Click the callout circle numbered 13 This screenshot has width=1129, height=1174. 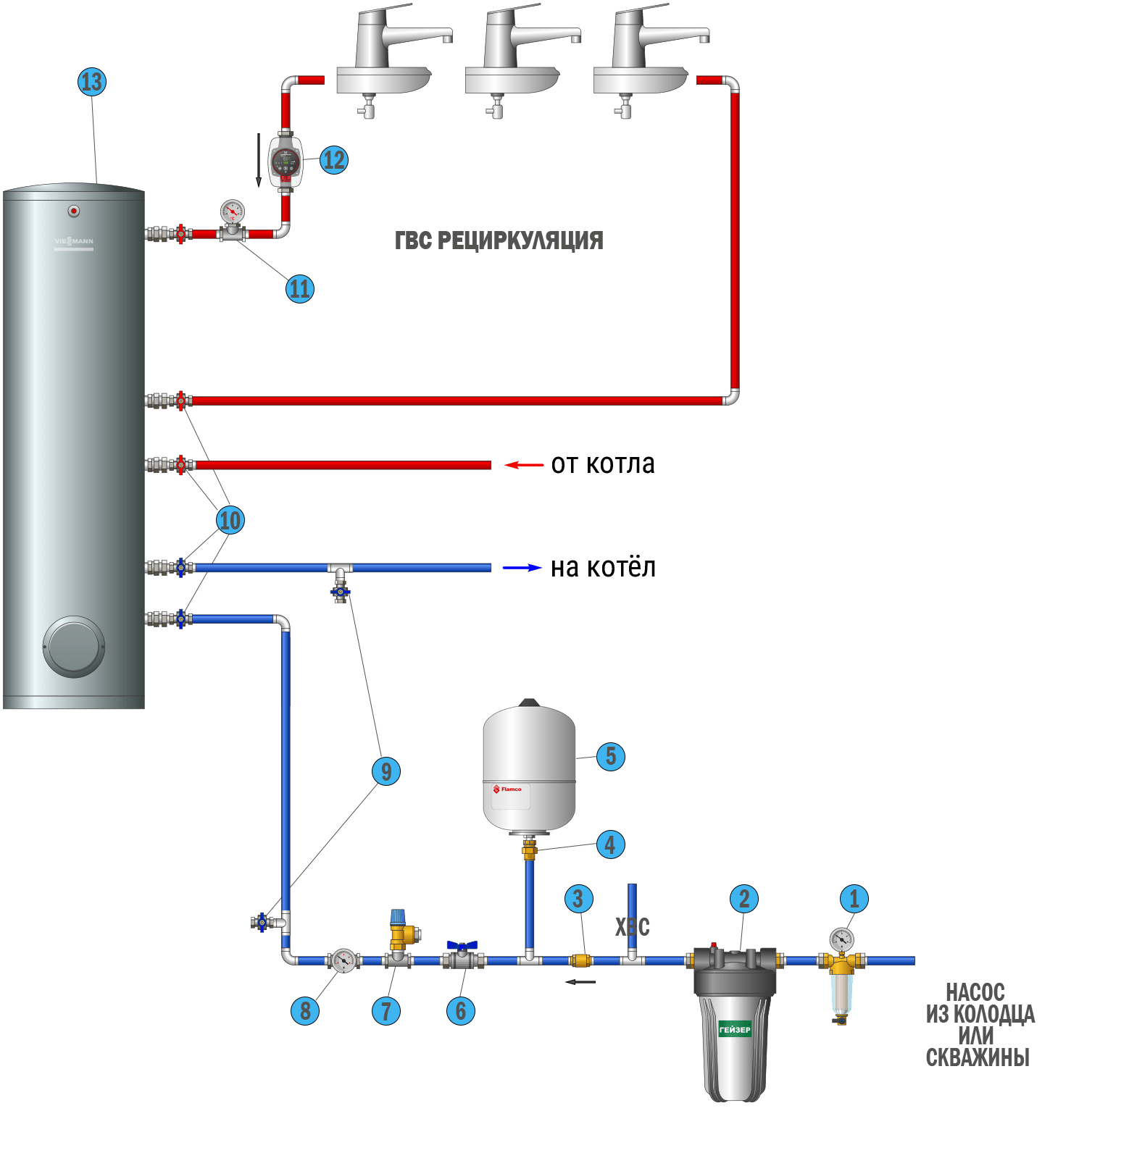pyautogui.click(x=92, y=82)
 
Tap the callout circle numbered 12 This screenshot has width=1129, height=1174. pyautogui.click(x=334, y=160)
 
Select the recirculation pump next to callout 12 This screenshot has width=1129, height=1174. pyautogui.click(x=286, y=162)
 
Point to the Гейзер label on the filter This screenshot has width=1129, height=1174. pyautogui.click(x=734, y=1029)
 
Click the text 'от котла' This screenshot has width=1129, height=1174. pyautogui.click(x=602, y=464)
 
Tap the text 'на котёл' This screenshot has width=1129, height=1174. pyautogui.click(x=603, y=568)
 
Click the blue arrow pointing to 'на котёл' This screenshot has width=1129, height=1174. pyautogui.click(x=522, y=568)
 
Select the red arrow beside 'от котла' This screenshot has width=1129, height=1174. pyautogui.click(x=523, y=464)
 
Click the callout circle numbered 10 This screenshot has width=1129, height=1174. pyautogui.click(x=230, y=520)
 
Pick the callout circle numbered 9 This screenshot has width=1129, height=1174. pyautogui.click(x=386, y=771)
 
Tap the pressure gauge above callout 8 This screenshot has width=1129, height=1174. pyautogui.click(x=343, y=960)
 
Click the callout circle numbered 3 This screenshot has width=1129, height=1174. pyautogui.click(x=578, y=899)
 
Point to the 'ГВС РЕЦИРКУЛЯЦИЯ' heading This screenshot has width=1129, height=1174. pyautogui.click(x=499, y=240)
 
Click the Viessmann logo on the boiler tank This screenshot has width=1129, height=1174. pyautogui.click(x=74, y=242)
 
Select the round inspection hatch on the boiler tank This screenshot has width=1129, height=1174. pyautogui.click(x=74, y=647)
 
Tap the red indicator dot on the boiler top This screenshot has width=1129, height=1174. pyautogui.click(x=74, y=211)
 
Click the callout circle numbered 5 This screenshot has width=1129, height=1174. pyautogui.click(x=611, y=757)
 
